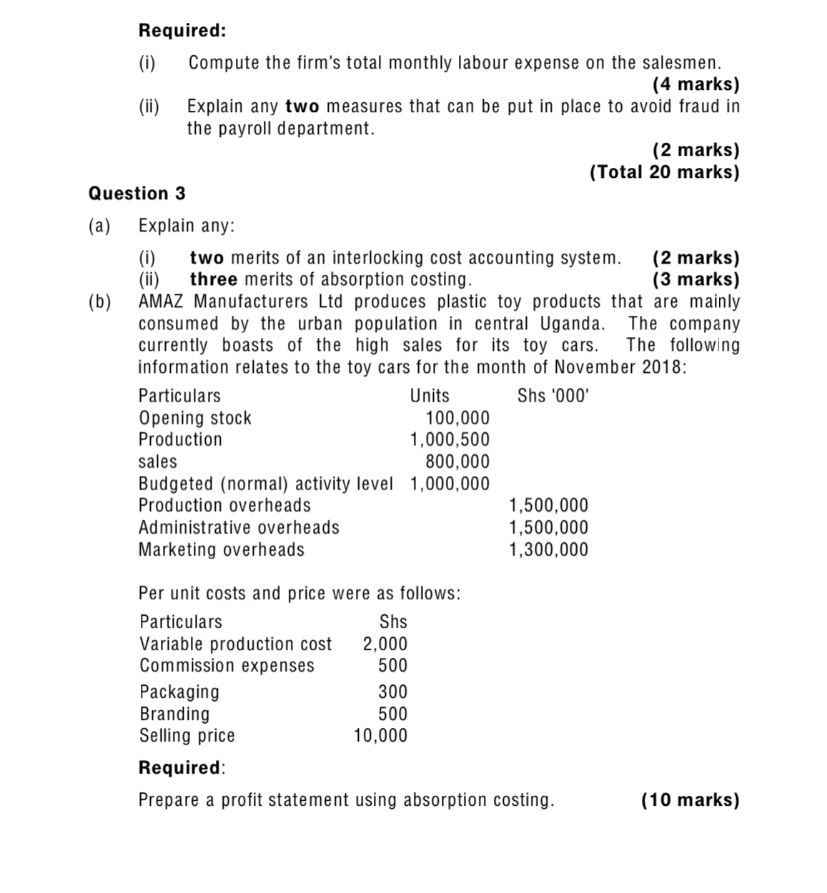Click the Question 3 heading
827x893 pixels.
137,194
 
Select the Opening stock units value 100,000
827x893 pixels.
457,418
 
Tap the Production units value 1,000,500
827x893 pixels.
450,439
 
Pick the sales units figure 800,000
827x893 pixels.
457,462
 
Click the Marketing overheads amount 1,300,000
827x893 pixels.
548,549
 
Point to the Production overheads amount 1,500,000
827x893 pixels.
548,505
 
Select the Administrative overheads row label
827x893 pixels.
239,527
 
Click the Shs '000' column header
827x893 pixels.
553,396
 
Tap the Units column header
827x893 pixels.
430,396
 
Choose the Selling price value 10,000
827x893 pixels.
380,735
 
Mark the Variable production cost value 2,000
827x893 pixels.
385,644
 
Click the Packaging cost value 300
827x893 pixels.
392,692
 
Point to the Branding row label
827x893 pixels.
174,714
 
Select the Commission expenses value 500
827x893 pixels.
392,665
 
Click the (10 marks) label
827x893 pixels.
690,799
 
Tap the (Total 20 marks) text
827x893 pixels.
664,172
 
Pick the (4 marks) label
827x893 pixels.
695,84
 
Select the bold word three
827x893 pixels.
213,279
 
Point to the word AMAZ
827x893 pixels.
162,301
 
